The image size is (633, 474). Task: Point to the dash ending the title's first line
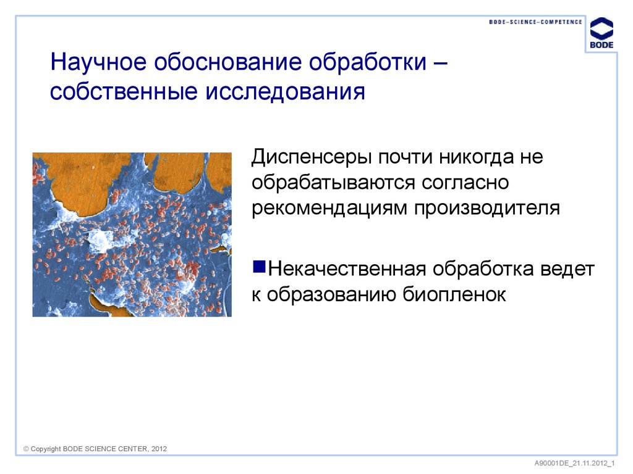click(x=441, y=63)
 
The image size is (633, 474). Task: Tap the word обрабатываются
click(x=334, y=182)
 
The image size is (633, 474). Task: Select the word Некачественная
click(x=348, y=270)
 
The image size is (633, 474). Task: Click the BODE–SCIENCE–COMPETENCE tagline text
click(x=535, y=22)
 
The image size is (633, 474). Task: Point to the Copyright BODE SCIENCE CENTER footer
click(x=95, y=449)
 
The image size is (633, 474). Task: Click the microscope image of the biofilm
click(x=132, y=235)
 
